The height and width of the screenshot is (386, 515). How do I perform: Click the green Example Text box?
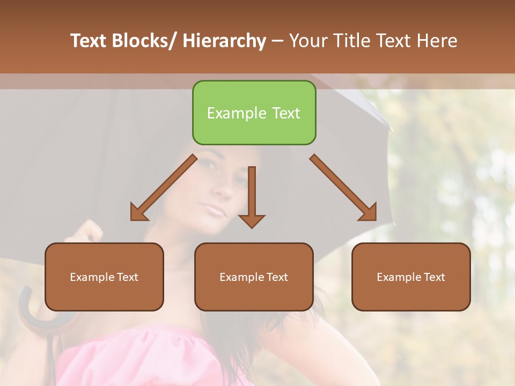[x=254, y=113]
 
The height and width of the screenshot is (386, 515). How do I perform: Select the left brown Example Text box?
[x=104, y=277]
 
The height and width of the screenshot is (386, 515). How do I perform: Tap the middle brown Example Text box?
[x=254, y=277]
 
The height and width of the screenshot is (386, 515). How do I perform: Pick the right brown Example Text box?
[x=411, y=277]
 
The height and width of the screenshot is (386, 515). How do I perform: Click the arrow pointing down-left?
[x=164, y=188]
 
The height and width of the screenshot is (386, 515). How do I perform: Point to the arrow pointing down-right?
[x=343, y=188]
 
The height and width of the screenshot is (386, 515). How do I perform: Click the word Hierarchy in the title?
[x=224, y=41]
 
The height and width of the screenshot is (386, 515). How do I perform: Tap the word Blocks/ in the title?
[x=148, y=41]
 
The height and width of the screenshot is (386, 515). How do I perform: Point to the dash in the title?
[x=277, y=41]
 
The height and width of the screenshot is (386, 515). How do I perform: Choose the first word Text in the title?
[x=89, y=41]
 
